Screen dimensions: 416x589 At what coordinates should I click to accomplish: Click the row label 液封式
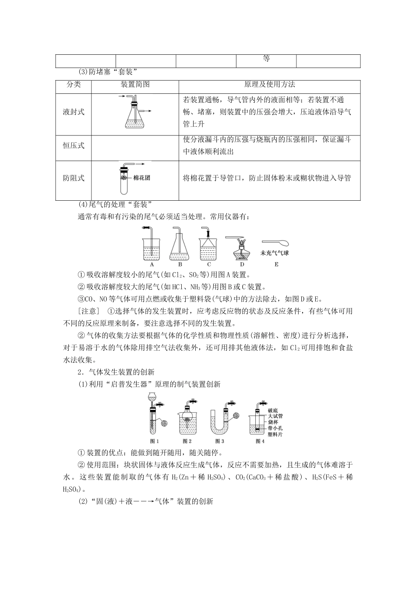click(x=74, y=112)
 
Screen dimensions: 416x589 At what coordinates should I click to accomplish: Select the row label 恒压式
click(x=74, y=145)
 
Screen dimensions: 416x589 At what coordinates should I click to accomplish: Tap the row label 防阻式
click(x=74, y=178)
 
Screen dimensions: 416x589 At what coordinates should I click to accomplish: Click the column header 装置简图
click(x=135, y=85)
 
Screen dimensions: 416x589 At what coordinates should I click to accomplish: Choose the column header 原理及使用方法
click(x=269, y=85)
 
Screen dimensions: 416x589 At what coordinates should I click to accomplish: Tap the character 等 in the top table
click(x=266, y=59)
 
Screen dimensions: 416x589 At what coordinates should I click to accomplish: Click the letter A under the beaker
click(x=152, y=264)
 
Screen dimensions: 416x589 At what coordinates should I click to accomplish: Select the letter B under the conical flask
click(x=180, y=264)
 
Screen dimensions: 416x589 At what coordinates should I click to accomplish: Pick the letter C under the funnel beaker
click(x=209, y=264)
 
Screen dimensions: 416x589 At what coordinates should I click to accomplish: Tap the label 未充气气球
click(x=275, y=253)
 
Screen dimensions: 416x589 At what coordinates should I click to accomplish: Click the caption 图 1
click(x=154, y=441)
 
